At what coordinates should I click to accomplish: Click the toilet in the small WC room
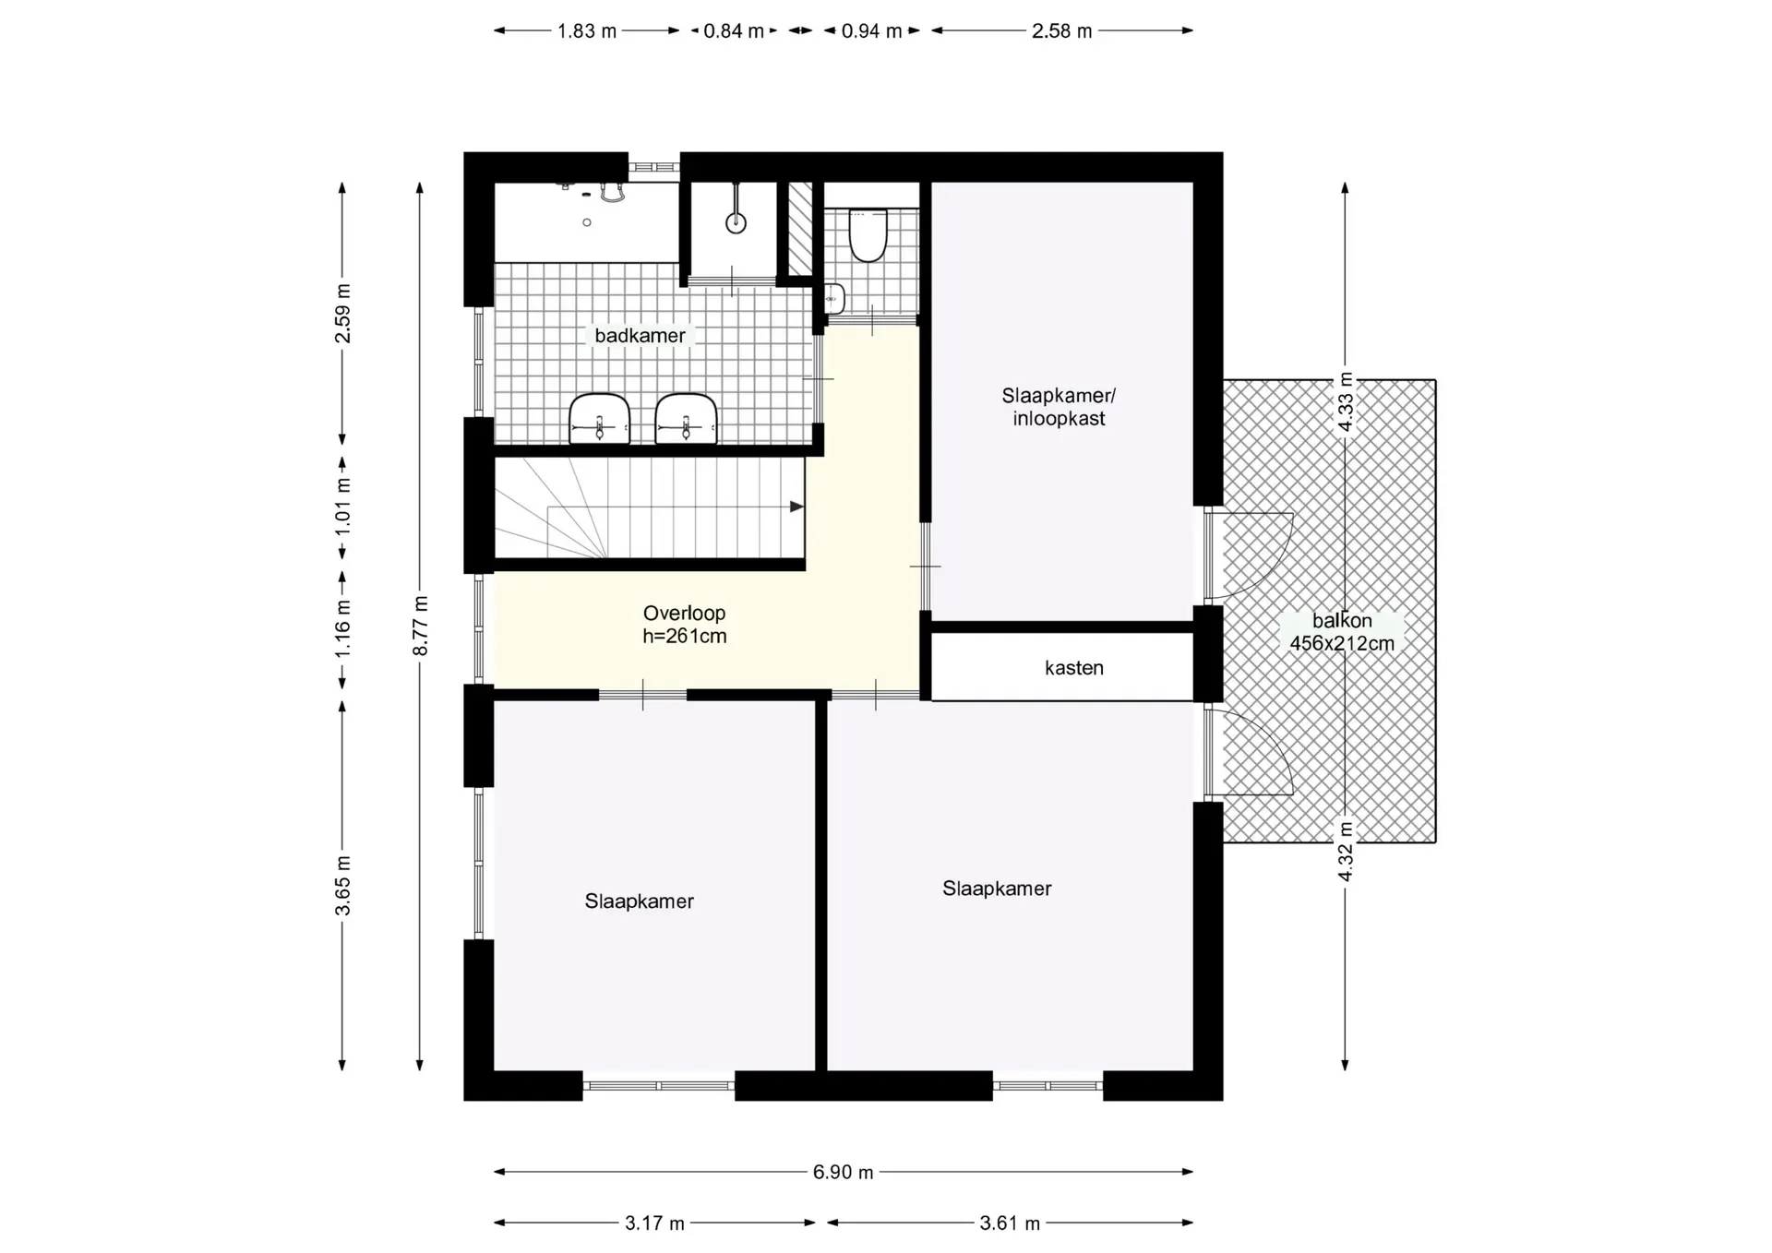[868, 235]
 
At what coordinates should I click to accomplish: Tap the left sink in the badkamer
[600, 419]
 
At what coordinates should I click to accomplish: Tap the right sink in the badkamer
[687, 419]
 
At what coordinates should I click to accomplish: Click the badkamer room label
[640, 336]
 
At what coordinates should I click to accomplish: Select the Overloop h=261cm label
[685, 625]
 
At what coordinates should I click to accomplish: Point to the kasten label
[1074, 668]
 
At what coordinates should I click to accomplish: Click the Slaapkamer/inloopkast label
[1059, 407]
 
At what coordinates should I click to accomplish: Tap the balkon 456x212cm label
[1342, 632]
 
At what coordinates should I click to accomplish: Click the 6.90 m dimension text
[843, 1172]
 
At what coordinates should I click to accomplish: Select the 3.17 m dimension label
[654, 1223]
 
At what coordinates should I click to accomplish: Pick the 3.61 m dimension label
[1010, 1223]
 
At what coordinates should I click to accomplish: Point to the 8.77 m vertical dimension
[421, 626]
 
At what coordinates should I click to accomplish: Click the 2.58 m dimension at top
[1061, 31]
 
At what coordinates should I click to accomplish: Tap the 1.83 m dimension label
[587, 31]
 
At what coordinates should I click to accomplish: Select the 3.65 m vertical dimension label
[342, 886]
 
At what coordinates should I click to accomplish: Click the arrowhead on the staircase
[796, 507]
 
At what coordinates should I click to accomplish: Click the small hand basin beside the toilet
[833, 299]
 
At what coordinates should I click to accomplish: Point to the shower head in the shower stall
[736, 222]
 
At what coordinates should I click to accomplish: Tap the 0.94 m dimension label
[871, 31]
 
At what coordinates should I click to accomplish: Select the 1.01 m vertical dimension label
[342, 506]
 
